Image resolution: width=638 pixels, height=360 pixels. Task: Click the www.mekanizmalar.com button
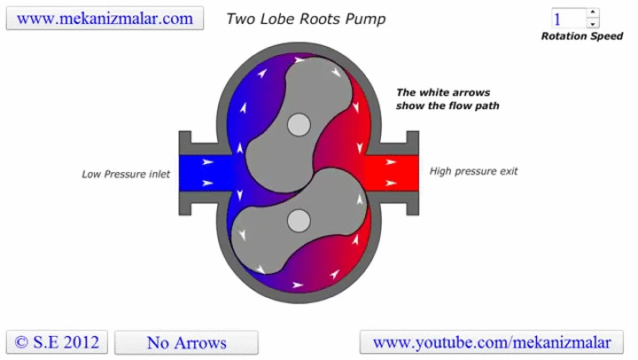coord(105,18)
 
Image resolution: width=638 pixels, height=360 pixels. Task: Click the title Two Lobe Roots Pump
coord(306,19)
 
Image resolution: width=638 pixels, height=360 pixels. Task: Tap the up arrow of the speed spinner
coord(593,13)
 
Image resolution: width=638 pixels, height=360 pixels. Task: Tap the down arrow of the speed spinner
coord(593,24)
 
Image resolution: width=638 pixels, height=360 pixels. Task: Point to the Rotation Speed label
coord(582,36)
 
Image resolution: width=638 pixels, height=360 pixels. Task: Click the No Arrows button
coord(186,342)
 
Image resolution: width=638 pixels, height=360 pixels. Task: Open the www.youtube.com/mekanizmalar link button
coord(492,342)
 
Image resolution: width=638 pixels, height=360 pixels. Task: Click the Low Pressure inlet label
coord(126,174)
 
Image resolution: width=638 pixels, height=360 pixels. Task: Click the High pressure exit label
coord(474,171)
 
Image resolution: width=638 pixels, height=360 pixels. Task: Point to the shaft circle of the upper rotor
coord(300,126)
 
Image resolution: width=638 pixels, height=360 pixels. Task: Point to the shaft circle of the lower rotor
coord(299,218)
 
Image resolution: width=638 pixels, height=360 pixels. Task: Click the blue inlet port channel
coord(199,173)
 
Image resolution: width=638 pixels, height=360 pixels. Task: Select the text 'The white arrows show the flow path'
coord(447,98)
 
